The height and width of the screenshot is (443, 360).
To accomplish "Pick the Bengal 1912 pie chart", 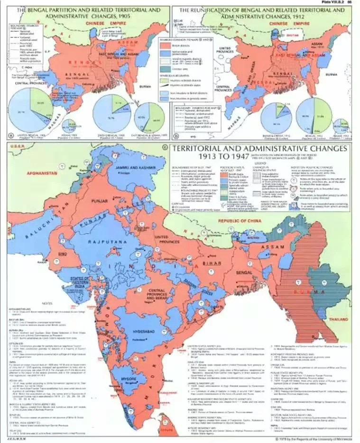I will pos(314,115).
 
